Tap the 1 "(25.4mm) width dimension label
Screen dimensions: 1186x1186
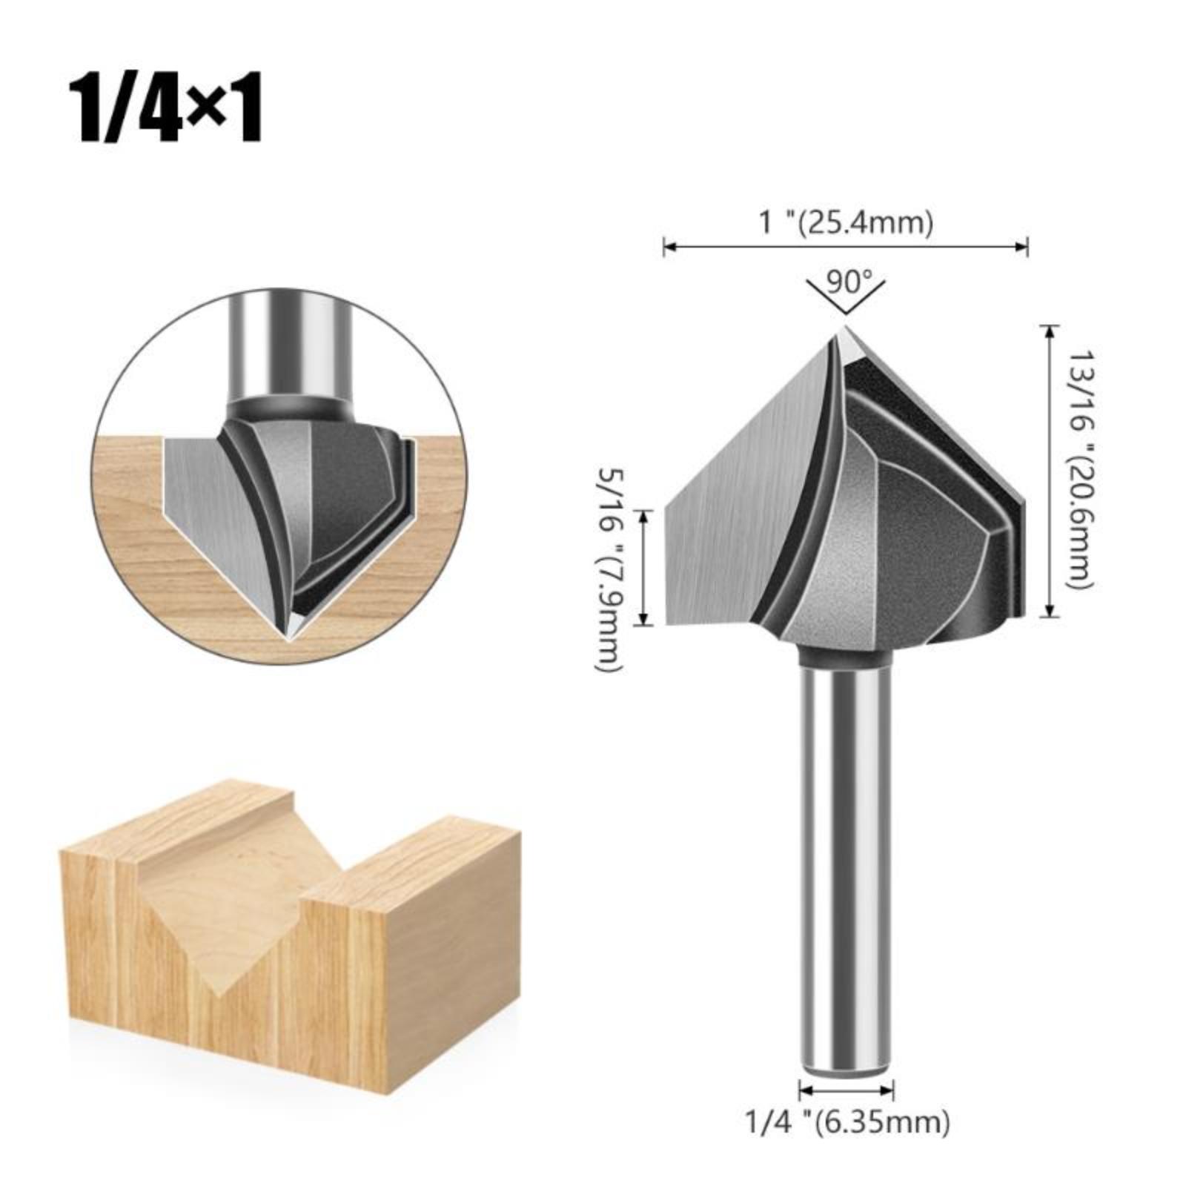pos(846,222)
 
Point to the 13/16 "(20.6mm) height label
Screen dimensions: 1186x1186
pos(1079,470)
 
